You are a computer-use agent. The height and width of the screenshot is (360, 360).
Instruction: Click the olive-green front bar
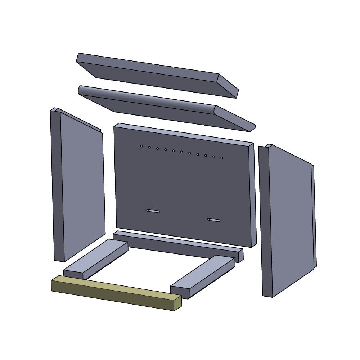click(x=115, y=293)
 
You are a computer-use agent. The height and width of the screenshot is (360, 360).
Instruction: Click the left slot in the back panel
click(x=153, y=211)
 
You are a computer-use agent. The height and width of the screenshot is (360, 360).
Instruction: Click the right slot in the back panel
click(x=214, y=220)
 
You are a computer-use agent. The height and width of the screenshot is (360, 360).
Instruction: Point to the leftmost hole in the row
click(x=141, y=146)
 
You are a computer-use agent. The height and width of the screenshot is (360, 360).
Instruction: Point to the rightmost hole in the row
click(x=222, y=158)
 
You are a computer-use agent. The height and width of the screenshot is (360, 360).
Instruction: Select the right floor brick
click(x=203, y=275)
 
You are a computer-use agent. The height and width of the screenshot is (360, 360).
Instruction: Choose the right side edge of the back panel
click(x=253, y=194)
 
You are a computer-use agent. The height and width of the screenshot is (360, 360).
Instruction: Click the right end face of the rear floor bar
click(x=241, y=255)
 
